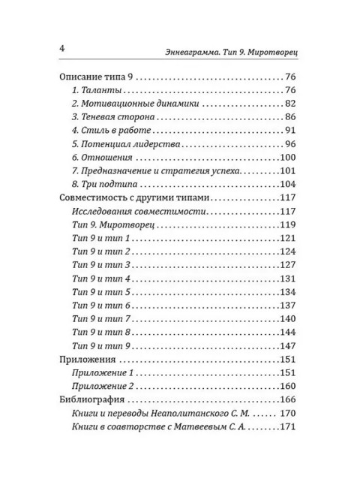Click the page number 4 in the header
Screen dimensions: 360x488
(62, 50)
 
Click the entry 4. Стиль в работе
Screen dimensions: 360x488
(107, 131)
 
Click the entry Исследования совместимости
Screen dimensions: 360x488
(126, 212)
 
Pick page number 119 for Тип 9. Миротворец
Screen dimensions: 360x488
(289, 225)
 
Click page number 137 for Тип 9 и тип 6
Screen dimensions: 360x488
(289, 306)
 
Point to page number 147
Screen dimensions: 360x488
(289, 346)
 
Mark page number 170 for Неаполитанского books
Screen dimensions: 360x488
(289, 414)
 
